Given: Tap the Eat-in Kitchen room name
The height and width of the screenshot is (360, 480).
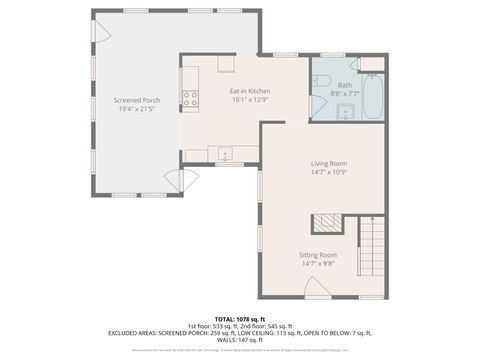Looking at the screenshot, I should tap(250, 91).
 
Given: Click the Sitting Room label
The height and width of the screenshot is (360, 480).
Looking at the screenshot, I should tap(319, 256).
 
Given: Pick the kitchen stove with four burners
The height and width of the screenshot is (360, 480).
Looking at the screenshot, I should tap(190, 98).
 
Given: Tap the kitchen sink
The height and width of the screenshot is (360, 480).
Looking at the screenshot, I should tap(225, 154).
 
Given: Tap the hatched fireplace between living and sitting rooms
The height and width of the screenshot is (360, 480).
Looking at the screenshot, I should tap(327, 223).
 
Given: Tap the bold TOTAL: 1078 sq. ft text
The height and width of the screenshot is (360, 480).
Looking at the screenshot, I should tap(240, 318).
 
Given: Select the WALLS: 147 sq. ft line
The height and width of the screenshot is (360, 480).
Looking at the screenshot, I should tap(240, 340).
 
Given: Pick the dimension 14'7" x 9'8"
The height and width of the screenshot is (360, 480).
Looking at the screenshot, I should tap(319, 265).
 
